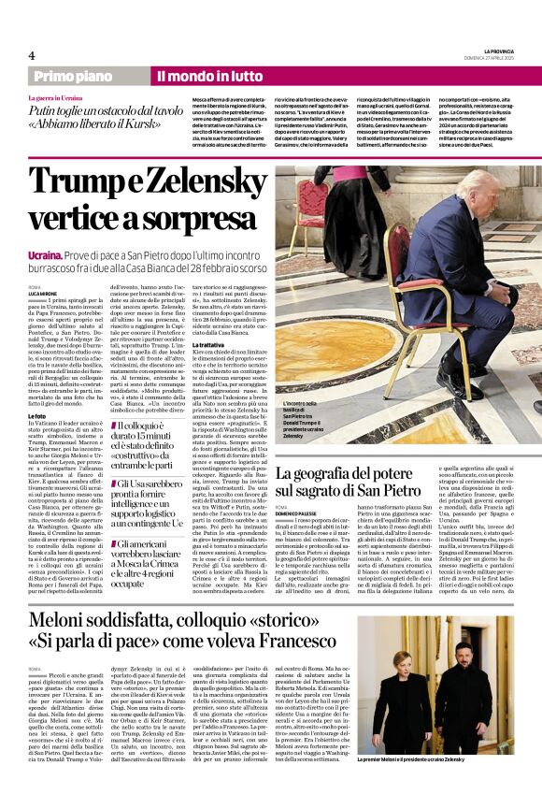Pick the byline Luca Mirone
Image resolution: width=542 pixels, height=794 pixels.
click(45, 294)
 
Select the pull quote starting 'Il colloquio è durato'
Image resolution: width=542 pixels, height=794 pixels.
click(149, 440)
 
